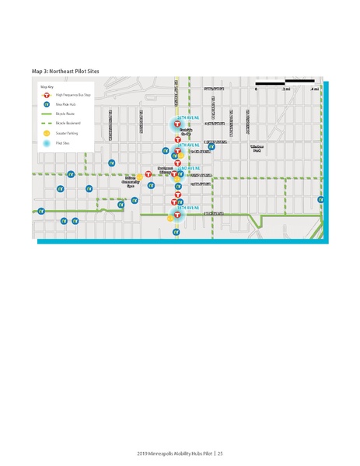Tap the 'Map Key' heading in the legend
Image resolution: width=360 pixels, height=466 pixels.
46,87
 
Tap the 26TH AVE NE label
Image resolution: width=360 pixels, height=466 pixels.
189,118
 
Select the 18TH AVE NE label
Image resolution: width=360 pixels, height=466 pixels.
189,208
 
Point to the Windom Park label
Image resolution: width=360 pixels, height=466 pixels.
257,148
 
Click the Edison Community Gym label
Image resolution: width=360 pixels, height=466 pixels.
130,182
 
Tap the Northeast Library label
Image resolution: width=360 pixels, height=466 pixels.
165,170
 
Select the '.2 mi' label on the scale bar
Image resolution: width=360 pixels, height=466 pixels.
287,89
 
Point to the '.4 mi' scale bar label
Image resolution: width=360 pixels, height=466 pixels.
314,89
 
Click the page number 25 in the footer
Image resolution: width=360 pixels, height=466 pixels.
220,453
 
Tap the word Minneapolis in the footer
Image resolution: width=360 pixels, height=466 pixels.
163,453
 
